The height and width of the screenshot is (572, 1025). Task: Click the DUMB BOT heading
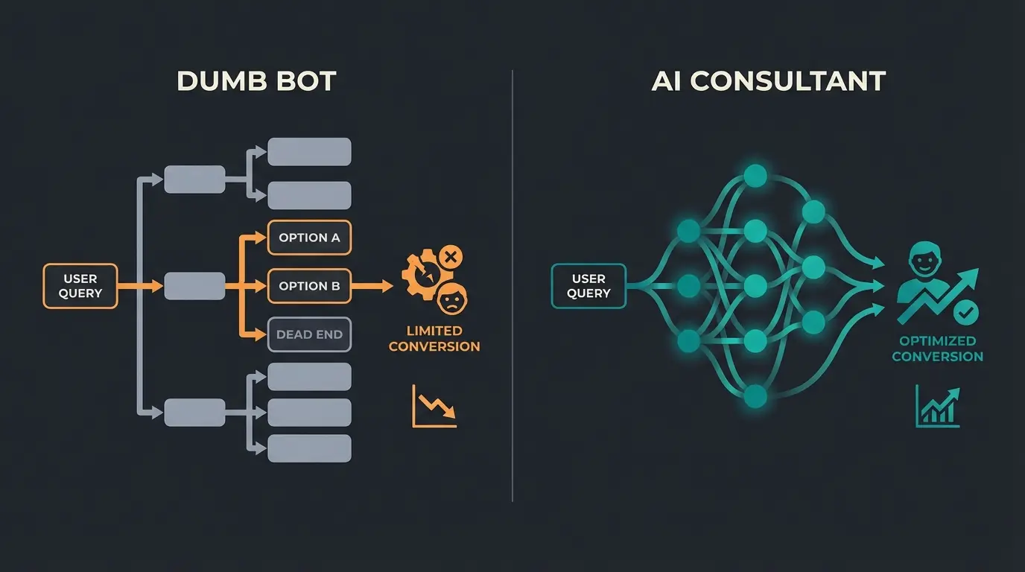tap(256, 80)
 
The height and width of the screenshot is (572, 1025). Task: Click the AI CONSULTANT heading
tap(768, 80)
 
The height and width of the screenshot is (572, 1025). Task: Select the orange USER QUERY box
tap(80, 286)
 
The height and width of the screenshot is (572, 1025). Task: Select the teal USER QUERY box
tap(588, 286)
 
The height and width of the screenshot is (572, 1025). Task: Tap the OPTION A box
tap(309, 238)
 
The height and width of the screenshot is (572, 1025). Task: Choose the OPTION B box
tap(309, 286)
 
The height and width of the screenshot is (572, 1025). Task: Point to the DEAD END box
tap(309, 334)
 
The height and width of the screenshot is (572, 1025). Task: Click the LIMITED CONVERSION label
tap(434, 338)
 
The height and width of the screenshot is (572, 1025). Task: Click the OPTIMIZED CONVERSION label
tap(937, 349)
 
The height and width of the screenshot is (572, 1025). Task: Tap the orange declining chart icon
tap(434, 406)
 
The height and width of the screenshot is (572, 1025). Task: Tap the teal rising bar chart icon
tap(937, 406)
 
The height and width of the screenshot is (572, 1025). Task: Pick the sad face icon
tap(451, 300)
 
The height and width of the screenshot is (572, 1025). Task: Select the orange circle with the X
tap(450, 258)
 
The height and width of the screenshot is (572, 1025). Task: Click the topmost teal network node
tap(755, 177)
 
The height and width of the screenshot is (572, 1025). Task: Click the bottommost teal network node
tap(755, 395)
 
